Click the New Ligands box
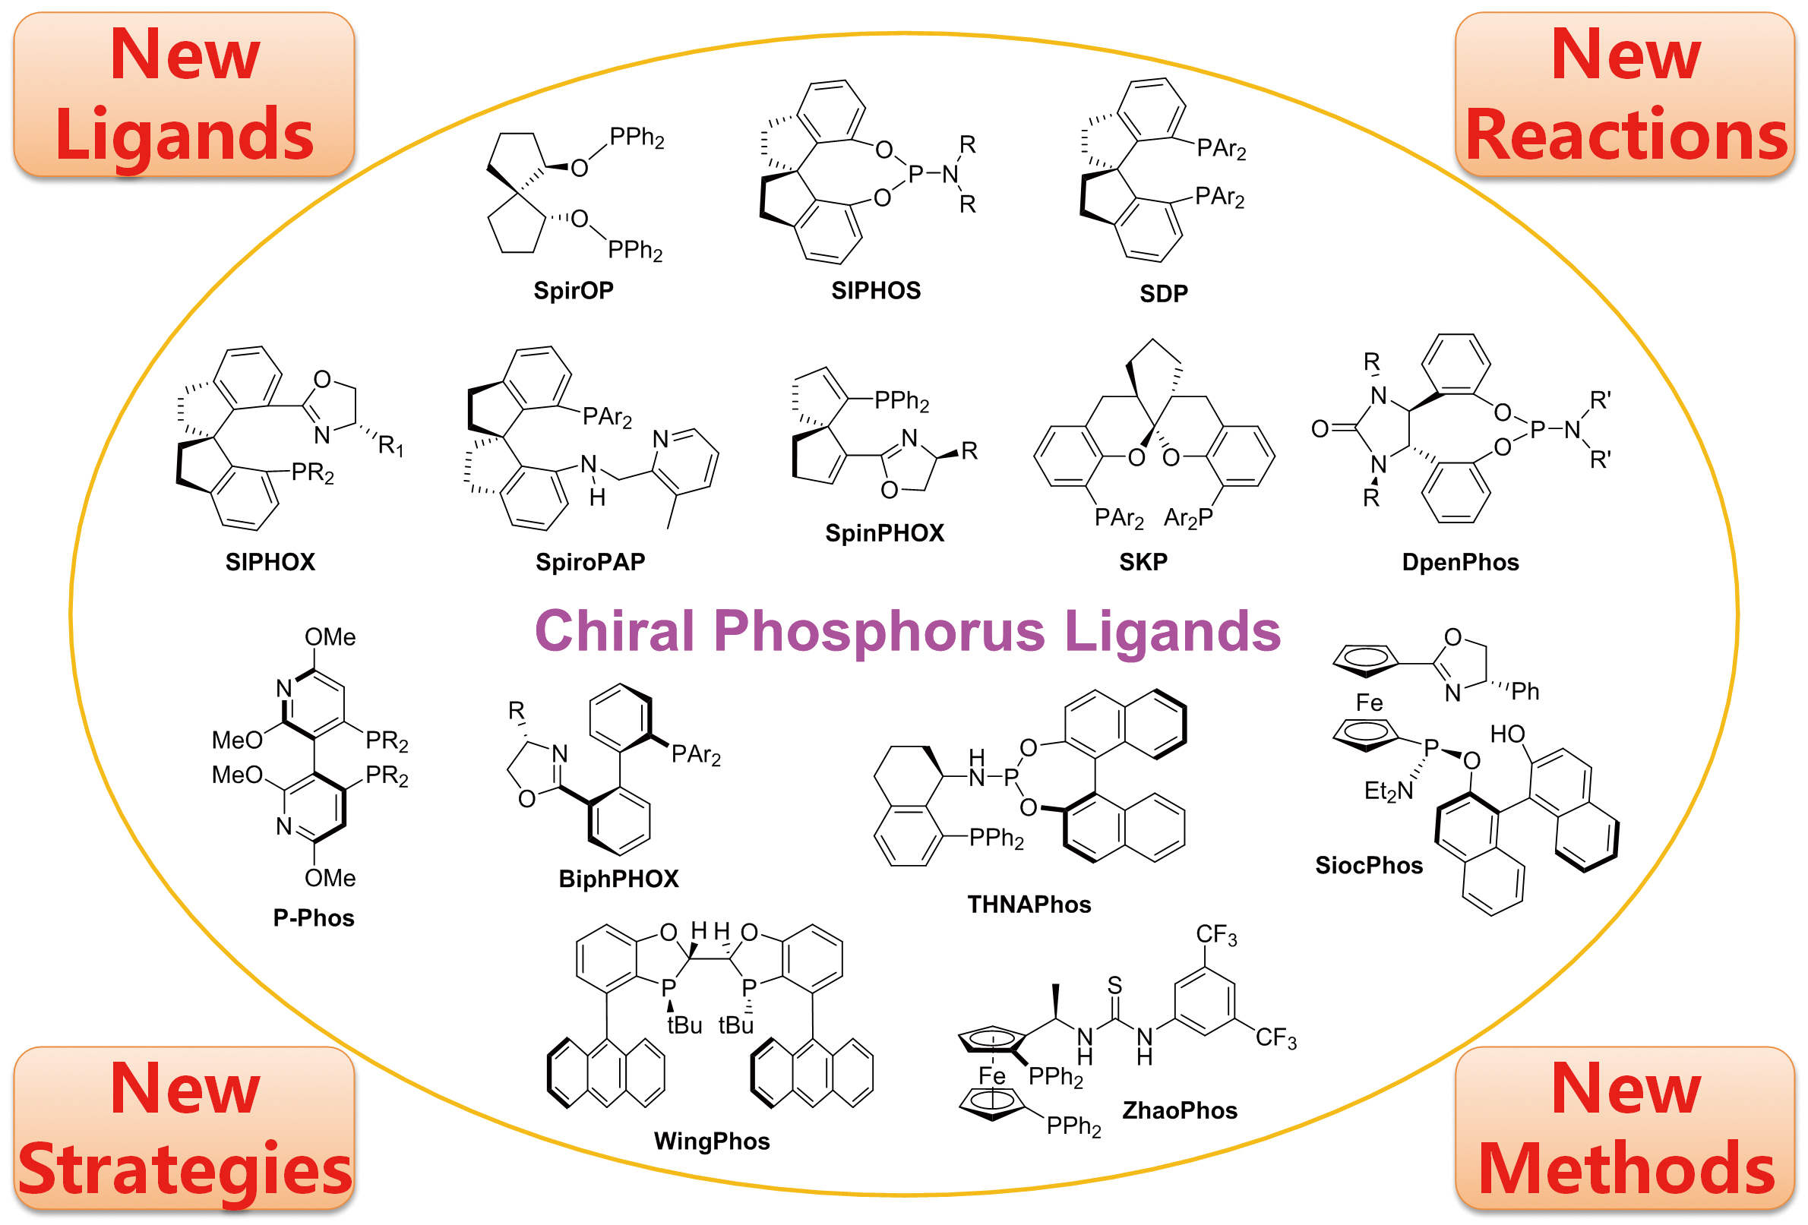(x=185, y=94)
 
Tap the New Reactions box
(x=1624, y=94)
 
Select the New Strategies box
(x=185, y=1129)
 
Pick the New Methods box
(x=1624, y=1129)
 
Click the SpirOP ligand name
(x=574, y=290)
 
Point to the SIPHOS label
(x=876, y=290)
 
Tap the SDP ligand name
(x=1164, y=293)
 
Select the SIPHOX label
(x=270, y=561)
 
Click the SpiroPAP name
(x=590, y=561)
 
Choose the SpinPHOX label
(x=884, y=533)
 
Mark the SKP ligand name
(x=1143, y=561)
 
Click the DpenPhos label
(x=1460, y=561)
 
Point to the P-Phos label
(x=314, y=917)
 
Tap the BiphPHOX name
(x=618, y=879)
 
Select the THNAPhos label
(x=1029, y=904)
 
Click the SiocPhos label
(x=1368, y=865)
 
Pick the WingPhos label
(x=712, y=1141)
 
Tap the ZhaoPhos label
(x=1180, y=1110)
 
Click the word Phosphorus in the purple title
(x=879, y=632)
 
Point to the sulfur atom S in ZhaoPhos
(x=1115, y=986)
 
